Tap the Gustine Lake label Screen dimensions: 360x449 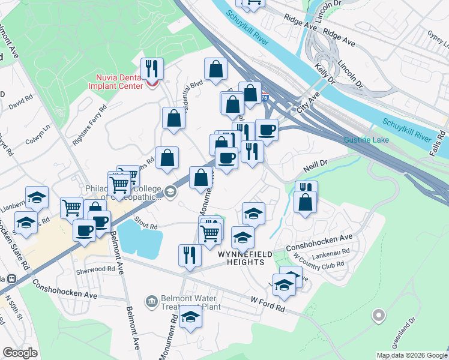(366, 140)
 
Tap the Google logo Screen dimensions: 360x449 (20, 353)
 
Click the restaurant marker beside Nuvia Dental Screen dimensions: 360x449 (152, 68)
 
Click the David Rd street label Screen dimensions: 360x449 (20, 101)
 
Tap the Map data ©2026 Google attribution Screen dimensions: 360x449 (411, 355)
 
